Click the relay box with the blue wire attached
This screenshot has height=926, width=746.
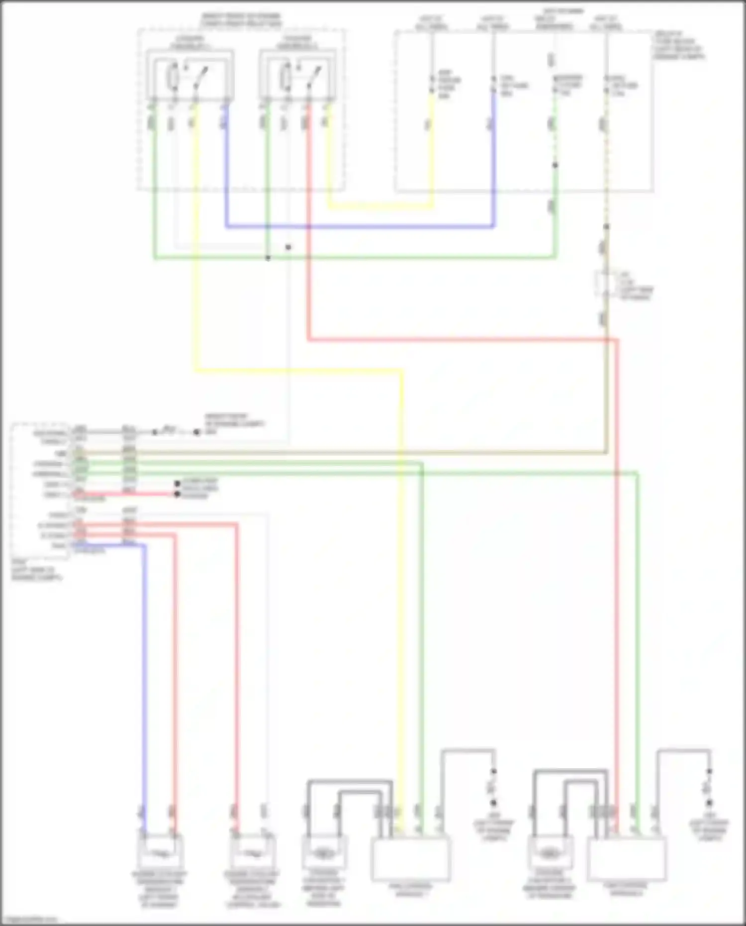[190, 75]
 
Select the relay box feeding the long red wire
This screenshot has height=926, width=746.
[297, 75]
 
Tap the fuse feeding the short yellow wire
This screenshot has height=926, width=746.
[432, 85]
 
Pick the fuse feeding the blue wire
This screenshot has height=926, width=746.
[493, 85]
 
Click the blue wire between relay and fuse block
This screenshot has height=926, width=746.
[358, 227]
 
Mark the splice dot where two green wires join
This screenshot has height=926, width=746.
[268, 258]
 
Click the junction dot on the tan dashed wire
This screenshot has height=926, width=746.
[606, 227]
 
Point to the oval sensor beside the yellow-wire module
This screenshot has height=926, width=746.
[323, 854]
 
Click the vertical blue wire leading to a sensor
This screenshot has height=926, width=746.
[144, 672]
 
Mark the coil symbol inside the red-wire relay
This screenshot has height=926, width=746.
[285, 77]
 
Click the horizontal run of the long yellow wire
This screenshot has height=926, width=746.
[298, 370]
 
